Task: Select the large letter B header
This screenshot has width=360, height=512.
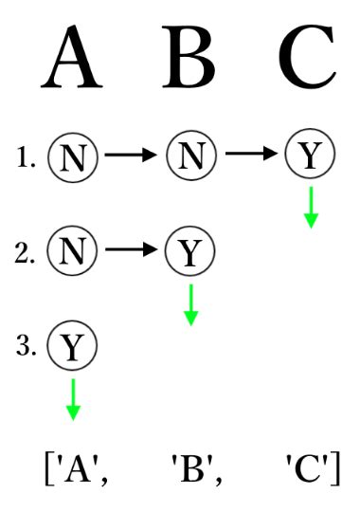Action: (x=192, y=59)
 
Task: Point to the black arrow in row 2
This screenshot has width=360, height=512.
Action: (x=131, y=251)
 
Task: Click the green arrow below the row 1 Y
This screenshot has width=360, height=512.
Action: (x=310, y=208)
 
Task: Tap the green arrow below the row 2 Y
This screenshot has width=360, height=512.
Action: (x=190, y=303)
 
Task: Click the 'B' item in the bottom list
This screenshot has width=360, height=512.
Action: (x=194, y=467)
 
